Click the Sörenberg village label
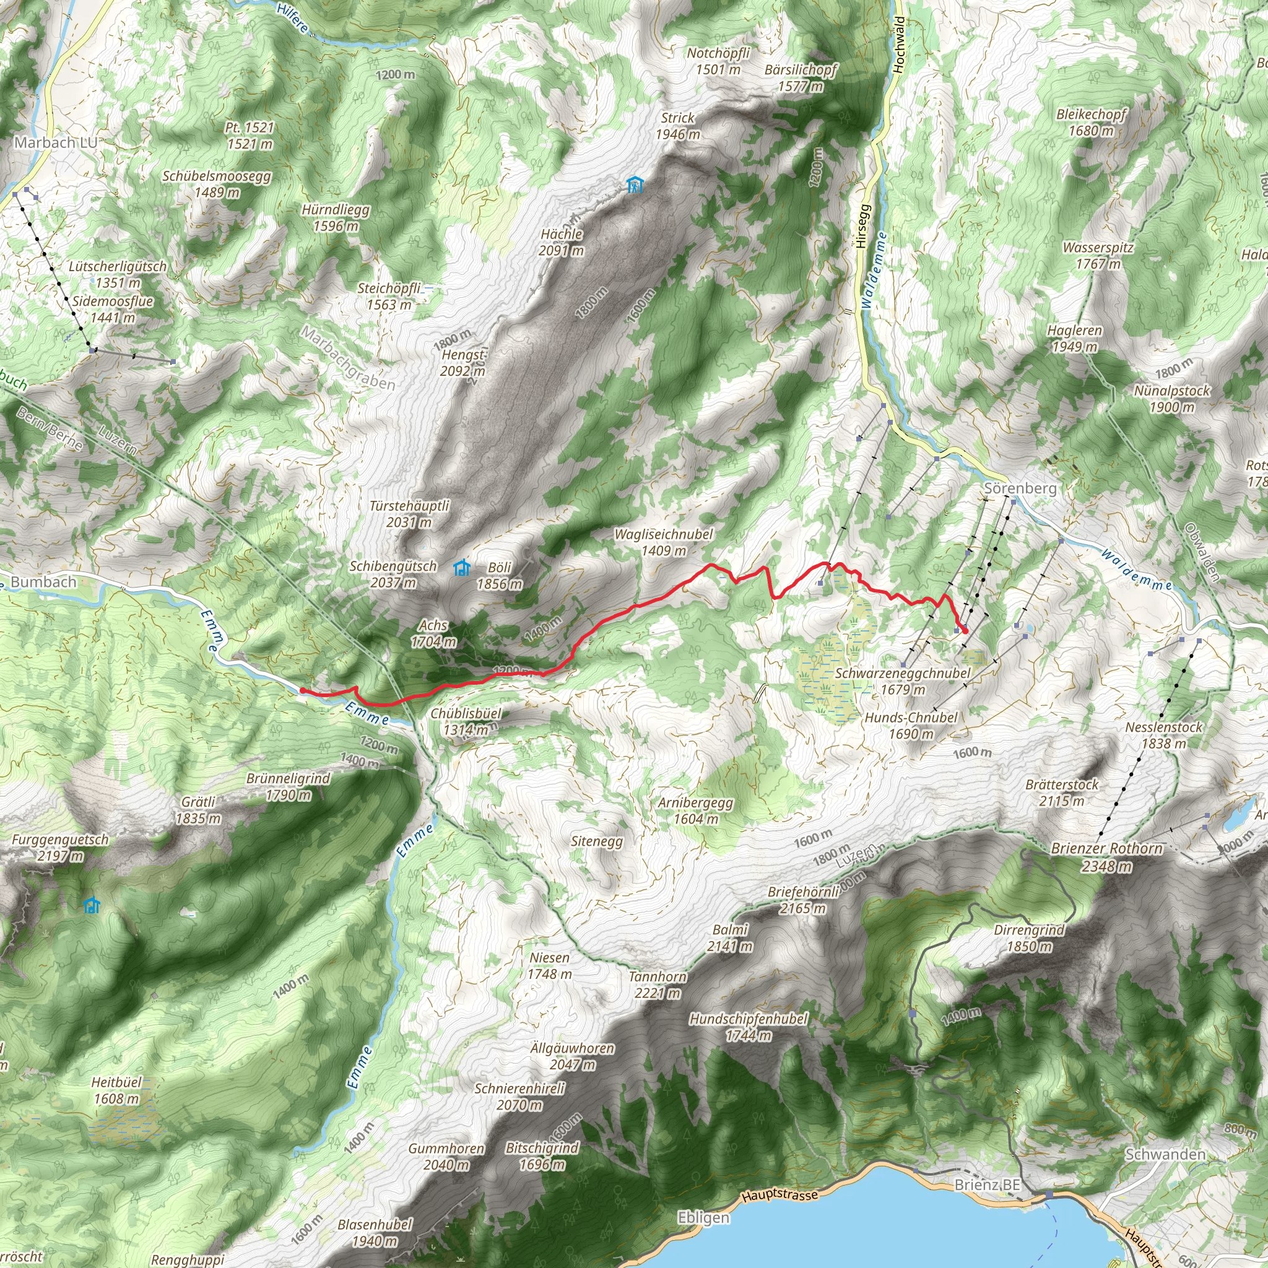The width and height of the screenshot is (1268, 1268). [x=1020, y=489]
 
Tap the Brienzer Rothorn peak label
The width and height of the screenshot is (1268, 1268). [x=1107, y=856]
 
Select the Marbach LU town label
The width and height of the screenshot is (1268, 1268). [x=56, y=142]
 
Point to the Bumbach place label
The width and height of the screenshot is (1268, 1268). [x=43, y=581]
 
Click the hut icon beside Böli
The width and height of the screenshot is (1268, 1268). [x=462, y=567]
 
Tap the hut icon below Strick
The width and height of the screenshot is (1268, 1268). [x=635, y=185]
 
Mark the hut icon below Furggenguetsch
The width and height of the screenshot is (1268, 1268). [x=92, y=906]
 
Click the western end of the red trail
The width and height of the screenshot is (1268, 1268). [x=302, y=690]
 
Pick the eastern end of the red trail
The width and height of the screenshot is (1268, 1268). [x=965, y=631]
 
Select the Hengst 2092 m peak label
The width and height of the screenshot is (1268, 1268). [x=462, y=362]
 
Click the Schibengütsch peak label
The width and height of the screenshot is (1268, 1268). [x=393, y=573]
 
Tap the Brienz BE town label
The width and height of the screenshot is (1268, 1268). [x=988, y=1184]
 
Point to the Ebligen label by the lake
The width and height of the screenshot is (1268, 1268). [x=703, y=1217]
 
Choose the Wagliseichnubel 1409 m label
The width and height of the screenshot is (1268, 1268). [x=664, y=542]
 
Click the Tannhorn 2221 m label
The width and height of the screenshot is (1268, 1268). [x=658, y=984]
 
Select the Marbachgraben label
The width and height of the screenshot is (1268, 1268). [x=348, y=358]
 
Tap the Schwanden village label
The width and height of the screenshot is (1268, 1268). [x=1165, y=1154]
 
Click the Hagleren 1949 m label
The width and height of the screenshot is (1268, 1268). [x=1075, y=338]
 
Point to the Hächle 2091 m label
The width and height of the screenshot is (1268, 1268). [x=561, y=241]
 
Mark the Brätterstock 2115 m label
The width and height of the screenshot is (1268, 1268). [x=1062, y=792]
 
